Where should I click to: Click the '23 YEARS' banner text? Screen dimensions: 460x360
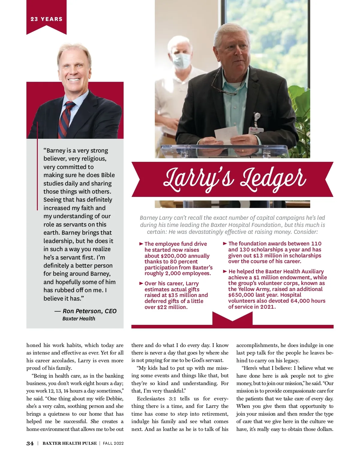click(46, 19)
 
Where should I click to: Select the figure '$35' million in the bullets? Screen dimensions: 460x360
click(173, 295)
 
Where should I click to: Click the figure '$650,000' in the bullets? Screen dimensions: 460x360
click(241, 295)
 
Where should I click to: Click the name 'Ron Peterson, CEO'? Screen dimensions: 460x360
click(89, 311)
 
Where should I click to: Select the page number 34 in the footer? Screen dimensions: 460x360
click(30, 444)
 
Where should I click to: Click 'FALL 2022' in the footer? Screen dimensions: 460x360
click(113, 444)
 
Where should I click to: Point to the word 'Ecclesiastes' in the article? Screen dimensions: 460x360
click(151, 399)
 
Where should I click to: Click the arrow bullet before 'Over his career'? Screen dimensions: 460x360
click(141, 283)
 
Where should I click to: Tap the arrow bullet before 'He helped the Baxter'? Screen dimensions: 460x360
click(225, 271)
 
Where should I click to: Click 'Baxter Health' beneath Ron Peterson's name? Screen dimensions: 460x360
click(79, 319)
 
